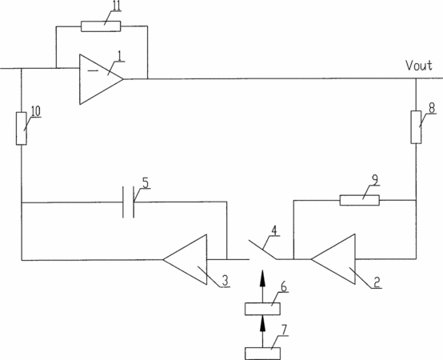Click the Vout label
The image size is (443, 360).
point(419,66)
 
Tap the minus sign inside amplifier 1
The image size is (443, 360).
point(93,70)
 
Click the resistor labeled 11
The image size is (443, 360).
point(101,26)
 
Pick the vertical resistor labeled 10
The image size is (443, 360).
point(21,129)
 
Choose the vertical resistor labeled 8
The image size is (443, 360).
point(416,127)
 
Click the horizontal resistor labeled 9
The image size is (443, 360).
point(359,200)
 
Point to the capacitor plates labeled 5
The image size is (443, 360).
point(128,202)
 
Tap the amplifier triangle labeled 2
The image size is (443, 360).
point(333,259)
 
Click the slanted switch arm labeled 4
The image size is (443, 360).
point(262,250)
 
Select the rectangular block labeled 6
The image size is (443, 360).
point(262,309)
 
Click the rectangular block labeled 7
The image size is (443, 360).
point(262,354)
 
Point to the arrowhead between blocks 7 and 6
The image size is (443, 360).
point(263,323)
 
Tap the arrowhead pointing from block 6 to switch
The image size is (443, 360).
point(263,278)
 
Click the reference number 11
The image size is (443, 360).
point(116,6)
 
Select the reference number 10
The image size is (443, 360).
point(36,111)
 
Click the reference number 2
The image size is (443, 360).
point(377,282)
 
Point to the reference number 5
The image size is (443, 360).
point(146,183)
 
